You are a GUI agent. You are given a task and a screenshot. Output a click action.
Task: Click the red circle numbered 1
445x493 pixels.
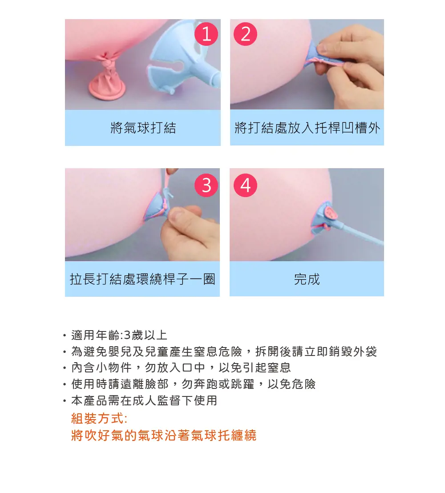point(206,34)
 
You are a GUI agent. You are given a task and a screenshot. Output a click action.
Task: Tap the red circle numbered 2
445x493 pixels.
point(245,34)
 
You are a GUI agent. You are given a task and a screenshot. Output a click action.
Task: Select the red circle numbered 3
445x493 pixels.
point(206,185)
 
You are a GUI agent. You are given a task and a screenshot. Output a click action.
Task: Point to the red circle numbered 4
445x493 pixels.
point(245,185)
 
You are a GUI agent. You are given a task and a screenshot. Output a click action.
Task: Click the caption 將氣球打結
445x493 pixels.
point(143,128)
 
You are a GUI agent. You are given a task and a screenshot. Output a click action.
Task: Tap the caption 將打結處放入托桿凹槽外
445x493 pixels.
point(307,128)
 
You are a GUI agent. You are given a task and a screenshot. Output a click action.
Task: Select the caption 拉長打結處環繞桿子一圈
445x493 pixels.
point(142,279)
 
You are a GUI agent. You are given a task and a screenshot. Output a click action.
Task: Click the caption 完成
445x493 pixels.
point(307,279)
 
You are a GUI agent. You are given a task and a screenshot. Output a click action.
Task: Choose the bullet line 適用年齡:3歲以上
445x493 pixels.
point(119,335)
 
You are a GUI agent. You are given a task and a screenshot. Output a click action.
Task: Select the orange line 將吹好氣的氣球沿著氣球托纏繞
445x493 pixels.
point(164,436)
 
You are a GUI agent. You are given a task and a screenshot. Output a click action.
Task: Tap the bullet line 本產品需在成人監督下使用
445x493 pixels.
point(144,400)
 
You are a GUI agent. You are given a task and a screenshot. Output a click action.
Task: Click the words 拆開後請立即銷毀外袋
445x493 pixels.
point(316,351)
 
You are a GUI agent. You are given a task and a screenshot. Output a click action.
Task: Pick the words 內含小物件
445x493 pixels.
point(101,368)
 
